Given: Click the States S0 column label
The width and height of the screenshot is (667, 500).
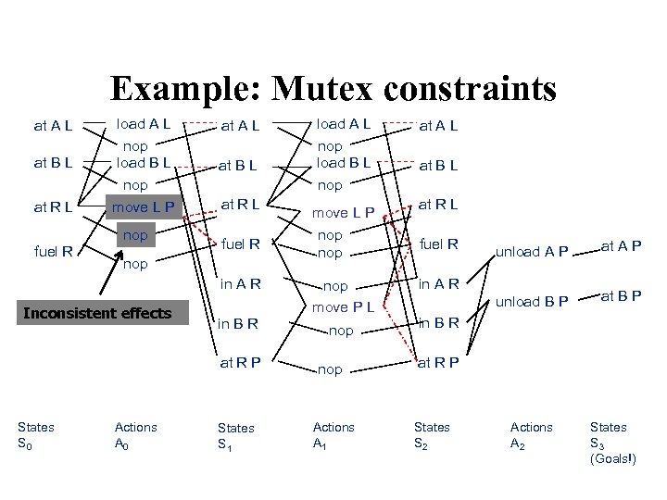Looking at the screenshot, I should [x=36, y=434].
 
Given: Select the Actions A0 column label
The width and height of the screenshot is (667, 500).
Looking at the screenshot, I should [x=135, y=434].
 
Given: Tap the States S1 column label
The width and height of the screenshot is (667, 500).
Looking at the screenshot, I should [x=235, y=434].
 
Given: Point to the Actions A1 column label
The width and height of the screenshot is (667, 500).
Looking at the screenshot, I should [x=333, y=434].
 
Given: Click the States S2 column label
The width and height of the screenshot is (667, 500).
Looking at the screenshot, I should [x=432, y=434].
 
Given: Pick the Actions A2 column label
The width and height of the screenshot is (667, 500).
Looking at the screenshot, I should [x=531, y=434].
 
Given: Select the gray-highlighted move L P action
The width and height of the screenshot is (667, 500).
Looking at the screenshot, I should [x=145, y=205].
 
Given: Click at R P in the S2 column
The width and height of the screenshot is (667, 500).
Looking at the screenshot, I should [x=439, y=362].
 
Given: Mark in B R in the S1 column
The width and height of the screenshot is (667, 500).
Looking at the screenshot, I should [x=238, y=322].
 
